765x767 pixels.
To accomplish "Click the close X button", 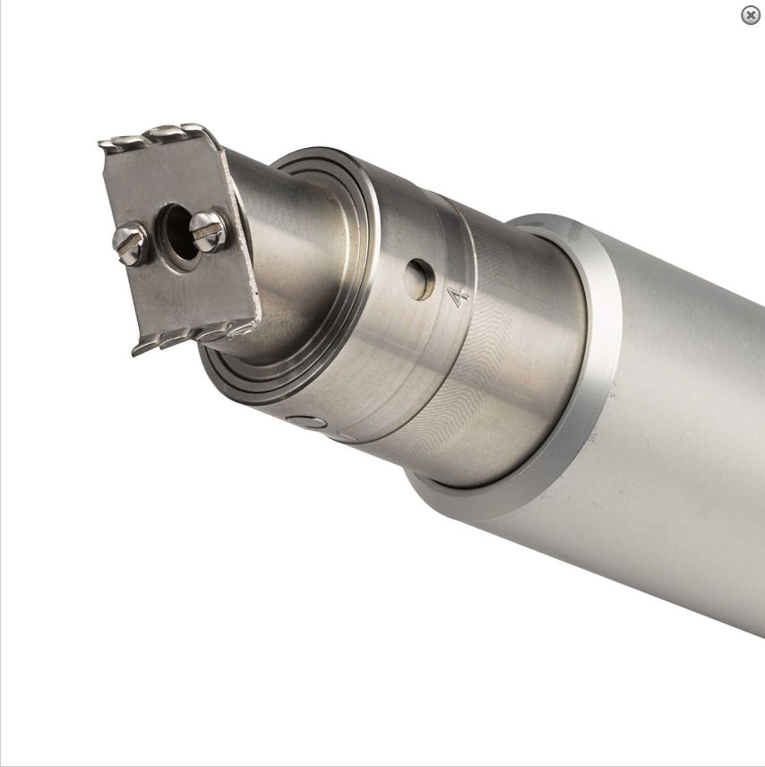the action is pyautogui.click(x=750, y=15).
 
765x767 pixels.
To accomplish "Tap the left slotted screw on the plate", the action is pyautogui.click(x=130, y=243).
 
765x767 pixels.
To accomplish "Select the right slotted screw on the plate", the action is pyautogui.click(x=208, y=230).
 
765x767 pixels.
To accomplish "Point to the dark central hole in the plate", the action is pyautogui.click(x=180, y=234).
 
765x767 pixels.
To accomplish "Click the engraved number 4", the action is pyautogui.click(x=459, y=297).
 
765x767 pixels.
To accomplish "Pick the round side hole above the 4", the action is pyautogui.click(x=419, y=280).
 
